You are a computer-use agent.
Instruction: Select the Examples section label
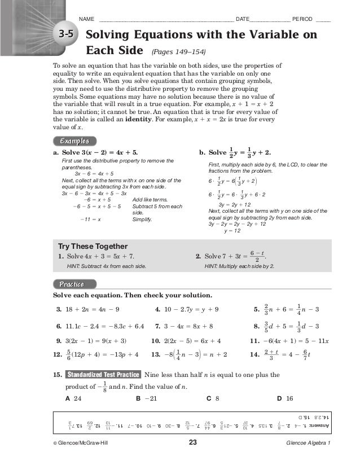pyautogui.click(x=71, y=141)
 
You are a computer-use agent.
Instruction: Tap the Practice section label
pyautogui.click(x=68, y=284)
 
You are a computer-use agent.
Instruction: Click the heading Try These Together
pyautogui.click(x=93, y=246)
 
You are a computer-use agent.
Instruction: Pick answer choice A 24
pyautogui.click(x=74, y=398)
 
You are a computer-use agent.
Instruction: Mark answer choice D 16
pyautogui.click(x=286, y=398)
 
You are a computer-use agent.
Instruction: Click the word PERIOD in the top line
pyautogui.click(x=304, y=19)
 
